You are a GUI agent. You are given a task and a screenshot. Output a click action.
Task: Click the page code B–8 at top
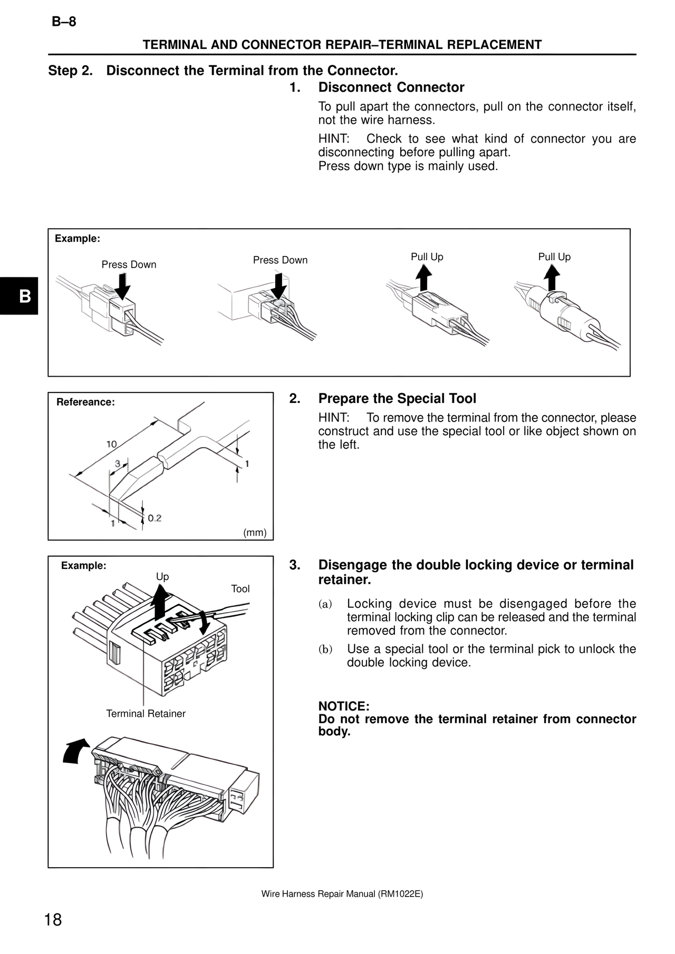click(x=64, y=22)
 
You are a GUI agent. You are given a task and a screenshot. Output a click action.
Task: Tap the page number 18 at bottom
click(x=53, y=920)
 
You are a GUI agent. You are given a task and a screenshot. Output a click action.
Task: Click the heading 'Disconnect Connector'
click(x=391, y=87)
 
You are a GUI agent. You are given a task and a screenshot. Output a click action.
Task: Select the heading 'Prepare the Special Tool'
click(x=397, y=399)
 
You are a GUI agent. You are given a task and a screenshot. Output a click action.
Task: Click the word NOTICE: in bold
click(x=343, y=706)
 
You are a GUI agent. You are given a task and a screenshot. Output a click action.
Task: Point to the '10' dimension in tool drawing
click(x=111, y=444)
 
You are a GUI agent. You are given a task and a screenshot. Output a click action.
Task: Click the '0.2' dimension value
click(x=155, y=518)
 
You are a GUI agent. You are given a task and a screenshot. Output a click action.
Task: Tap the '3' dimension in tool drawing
click(x=118, y=464)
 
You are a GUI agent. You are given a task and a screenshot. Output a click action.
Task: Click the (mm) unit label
click(x=255, y=533)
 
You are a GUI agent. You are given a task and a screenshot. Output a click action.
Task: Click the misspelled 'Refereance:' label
click(x=85, y=402)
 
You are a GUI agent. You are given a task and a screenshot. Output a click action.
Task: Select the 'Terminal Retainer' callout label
click(x=146, y=714)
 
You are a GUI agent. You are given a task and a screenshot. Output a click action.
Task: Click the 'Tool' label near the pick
click(x=240, y=589)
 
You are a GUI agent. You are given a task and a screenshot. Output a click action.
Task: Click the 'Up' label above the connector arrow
click(x=162, y=577)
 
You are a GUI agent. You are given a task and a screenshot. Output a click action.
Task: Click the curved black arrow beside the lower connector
click(x=75, y=750)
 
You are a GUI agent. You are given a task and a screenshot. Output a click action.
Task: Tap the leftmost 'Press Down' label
click(x=129, y=264)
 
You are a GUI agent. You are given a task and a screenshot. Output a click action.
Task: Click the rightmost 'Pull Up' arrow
click(x=552, y=277)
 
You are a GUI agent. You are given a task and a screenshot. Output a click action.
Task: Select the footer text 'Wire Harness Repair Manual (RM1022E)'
click(x=342, y=894)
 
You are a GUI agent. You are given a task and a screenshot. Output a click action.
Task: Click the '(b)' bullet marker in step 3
click(x=325, y=650)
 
